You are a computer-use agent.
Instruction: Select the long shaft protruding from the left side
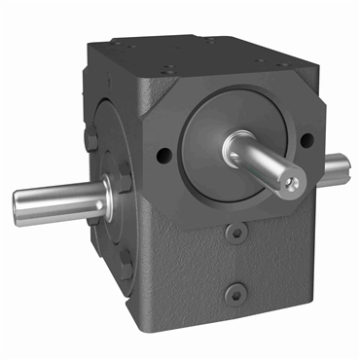[58, 200]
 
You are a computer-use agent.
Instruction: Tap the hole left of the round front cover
[162, 152]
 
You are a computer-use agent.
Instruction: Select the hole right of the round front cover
[306, 140]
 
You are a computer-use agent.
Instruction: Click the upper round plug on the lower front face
[234, 234]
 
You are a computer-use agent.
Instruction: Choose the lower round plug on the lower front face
[235, 293]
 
